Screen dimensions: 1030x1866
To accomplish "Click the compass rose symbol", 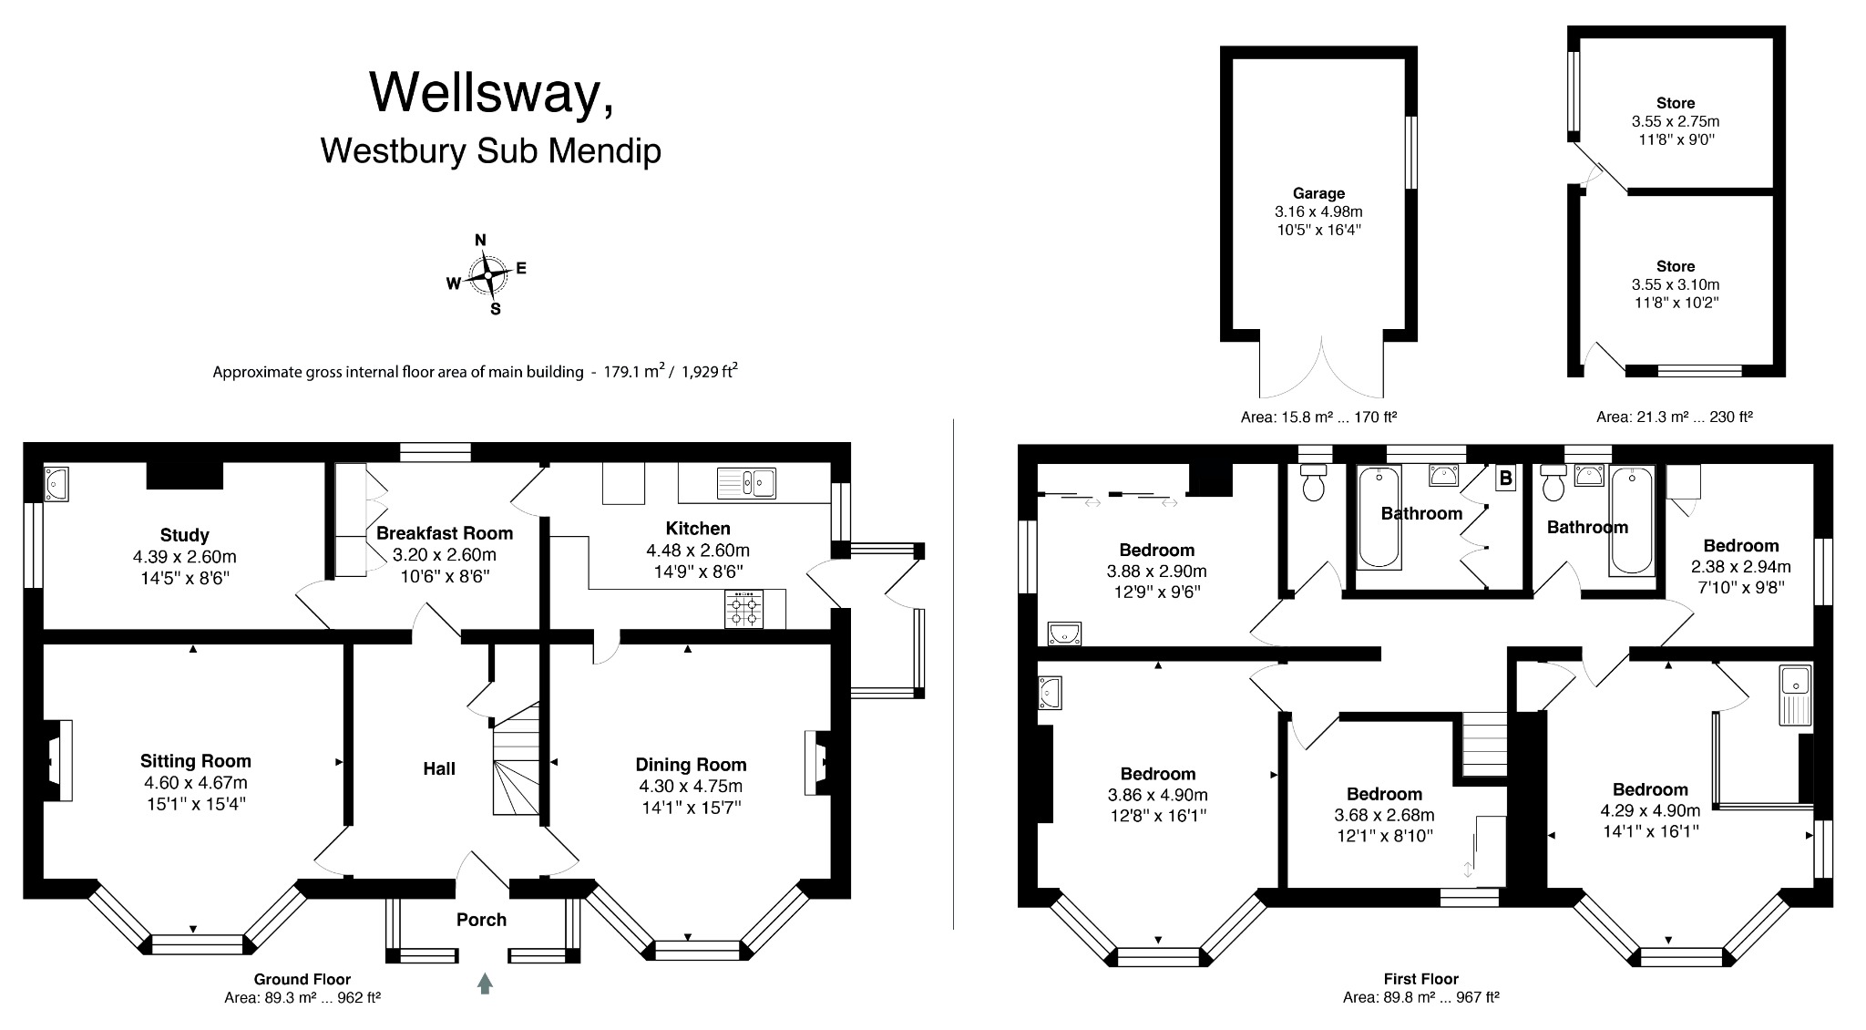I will coord(488,274).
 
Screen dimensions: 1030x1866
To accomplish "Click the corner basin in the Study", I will coord(56,480).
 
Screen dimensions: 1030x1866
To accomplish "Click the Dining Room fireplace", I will coord(816,762).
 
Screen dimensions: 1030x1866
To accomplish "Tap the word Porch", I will coord(481,920).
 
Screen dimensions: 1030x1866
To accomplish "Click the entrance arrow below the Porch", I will coord(485,984).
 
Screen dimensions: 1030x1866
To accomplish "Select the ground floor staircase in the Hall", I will coord(516,761).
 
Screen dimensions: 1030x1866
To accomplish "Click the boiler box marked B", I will coord(1505,478).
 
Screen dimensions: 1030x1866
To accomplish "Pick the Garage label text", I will coord(1318,193).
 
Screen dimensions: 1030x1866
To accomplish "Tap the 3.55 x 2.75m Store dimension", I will coord(1675,121).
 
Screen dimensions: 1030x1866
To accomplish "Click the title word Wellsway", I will coord(490,91).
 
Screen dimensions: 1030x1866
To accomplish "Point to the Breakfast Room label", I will coord(445,533).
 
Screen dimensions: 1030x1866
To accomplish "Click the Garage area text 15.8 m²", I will coord(1318,417).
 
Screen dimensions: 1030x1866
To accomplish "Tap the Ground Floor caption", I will coord(302,979).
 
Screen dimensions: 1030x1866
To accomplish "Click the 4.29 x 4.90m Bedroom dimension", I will coord(1650,810).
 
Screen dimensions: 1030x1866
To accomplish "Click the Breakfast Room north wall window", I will coord(436,451).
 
